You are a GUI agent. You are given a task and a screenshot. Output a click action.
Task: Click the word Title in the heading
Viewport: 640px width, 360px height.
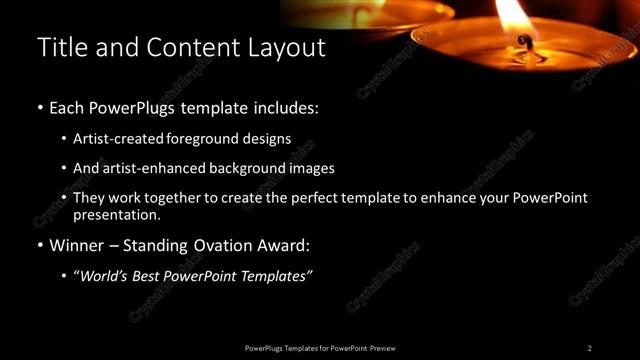(59, 47)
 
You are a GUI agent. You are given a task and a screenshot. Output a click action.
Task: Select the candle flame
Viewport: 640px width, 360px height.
(516, 15)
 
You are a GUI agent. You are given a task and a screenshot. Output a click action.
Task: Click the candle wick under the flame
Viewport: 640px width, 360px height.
(522, 43)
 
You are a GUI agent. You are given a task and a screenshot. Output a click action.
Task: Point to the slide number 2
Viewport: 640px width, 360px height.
(589, 348)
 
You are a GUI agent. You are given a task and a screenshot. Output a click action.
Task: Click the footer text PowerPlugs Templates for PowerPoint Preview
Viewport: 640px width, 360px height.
(320, 348)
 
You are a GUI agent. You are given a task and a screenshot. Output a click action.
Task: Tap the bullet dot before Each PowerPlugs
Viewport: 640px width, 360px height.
(40, 106)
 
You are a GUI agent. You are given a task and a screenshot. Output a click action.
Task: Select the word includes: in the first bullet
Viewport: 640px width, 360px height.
(289, 106)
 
